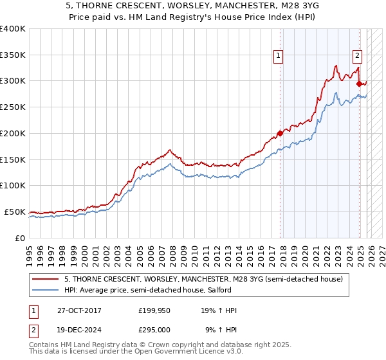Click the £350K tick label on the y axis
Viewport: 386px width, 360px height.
click(x=13, y=55)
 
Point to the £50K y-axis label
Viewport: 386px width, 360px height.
click(x=15, y=212)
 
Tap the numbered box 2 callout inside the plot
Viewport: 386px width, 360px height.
click(x=357, y=56)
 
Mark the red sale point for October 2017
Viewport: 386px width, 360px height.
click(x=280, y=134)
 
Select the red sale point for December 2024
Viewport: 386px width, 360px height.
click(x=359, y=84)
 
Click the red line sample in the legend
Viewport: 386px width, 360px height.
click(x=46, y=279)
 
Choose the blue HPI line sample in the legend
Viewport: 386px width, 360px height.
click(x=46, y=290)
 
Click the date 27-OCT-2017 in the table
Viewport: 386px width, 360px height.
click(x=79, y=310)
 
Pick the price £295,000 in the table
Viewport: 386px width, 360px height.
click(x=155, y=330)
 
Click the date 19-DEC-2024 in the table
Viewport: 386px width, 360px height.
click(x=79, y=330)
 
